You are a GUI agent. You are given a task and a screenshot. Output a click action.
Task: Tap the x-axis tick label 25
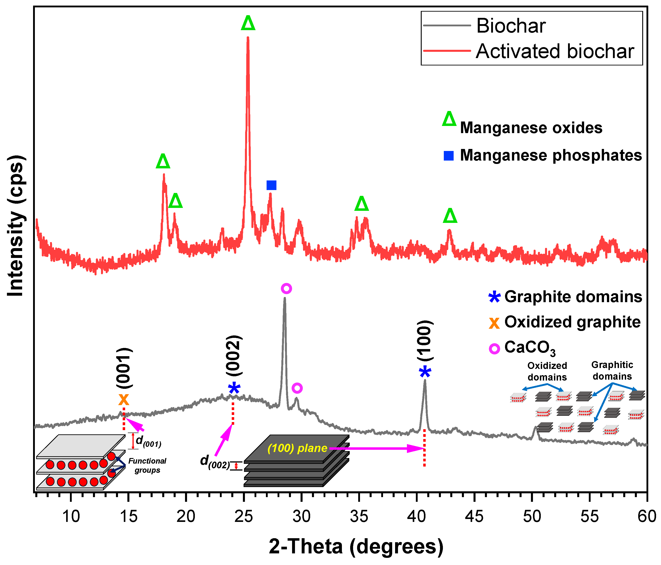[244, 516]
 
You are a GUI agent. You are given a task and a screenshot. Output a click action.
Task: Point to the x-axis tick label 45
[474, 516]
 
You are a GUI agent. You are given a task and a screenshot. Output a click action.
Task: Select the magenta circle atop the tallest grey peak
[286, 289]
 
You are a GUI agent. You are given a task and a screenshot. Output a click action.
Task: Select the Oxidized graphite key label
[572, 322]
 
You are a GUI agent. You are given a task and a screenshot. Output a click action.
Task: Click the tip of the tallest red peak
[248, 38]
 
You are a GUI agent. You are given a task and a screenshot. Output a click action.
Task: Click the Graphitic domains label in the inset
[612, 370]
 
